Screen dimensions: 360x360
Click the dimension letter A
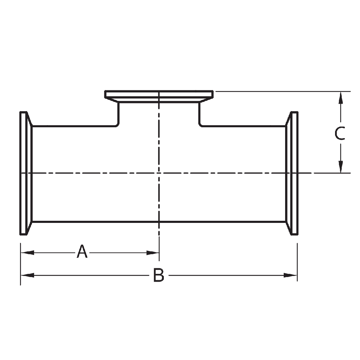[x=82, y=252]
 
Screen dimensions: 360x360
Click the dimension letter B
[x=159, y=275]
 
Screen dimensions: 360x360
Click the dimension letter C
[x=340, y=134]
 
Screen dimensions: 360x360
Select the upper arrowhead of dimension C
[x=340, y=97]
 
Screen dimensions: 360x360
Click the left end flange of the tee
[x=24, y=173]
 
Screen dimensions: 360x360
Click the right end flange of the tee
[x=294, y=173]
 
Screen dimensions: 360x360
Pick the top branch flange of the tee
[x=159, y=95]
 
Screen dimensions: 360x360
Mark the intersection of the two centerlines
[x=159, y=173]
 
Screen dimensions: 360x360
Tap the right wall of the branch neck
[x=199, y=114]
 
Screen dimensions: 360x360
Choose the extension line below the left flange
[x=20, y=264]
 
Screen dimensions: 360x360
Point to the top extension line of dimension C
[x=281, y=91]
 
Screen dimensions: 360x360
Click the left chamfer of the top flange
[x=112, y=100]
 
